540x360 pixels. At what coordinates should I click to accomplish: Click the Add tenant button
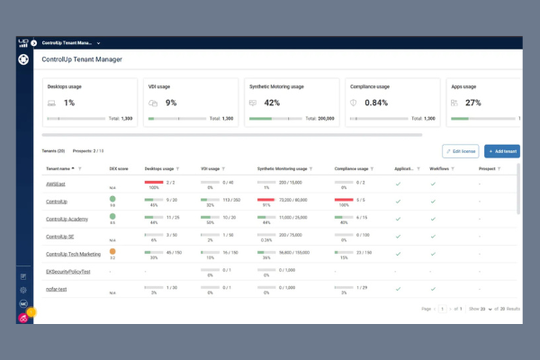501,151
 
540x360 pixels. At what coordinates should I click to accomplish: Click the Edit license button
460,151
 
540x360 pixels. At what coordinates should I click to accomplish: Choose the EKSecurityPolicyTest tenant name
70,270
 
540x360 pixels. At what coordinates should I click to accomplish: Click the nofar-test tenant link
58,288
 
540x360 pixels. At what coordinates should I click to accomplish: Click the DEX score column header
119,167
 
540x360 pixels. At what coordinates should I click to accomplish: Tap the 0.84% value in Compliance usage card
375,103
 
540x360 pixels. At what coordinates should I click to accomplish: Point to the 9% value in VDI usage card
171,103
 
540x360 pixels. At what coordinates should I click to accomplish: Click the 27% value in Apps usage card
473,103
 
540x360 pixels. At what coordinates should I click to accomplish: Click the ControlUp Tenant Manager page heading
82,59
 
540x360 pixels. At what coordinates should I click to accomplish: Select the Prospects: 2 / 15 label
89,151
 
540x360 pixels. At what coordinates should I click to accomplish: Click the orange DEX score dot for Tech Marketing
112,251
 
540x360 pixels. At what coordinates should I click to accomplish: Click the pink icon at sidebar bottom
23,318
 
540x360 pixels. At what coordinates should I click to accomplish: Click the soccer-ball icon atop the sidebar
23,60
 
